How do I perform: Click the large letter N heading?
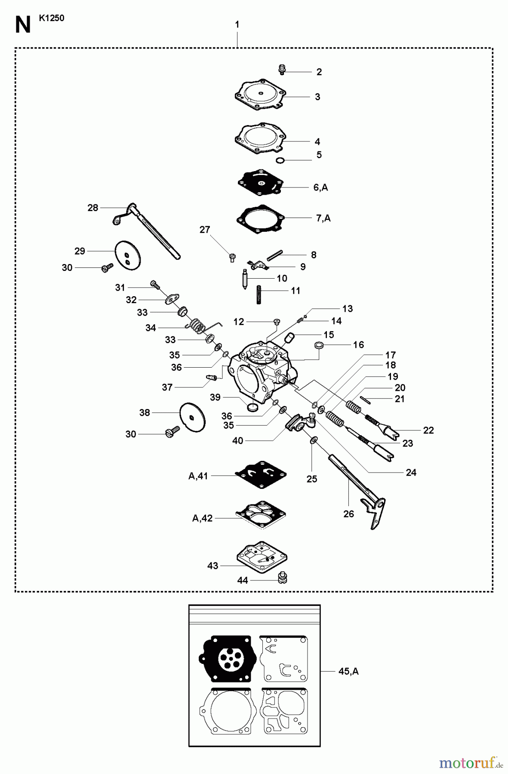coord(23,25)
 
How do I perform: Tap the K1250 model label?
coord(51,18)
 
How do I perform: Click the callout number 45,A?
coord(348,671)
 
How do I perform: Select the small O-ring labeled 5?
coord(280,160)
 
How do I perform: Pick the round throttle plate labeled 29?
coord(128,254)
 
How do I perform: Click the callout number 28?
coord(92,208)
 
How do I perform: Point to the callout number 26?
coord(348,513)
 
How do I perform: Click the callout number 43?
coord(212,566)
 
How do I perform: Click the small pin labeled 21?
coord(366,398)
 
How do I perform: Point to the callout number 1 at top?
coord(237,25)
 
